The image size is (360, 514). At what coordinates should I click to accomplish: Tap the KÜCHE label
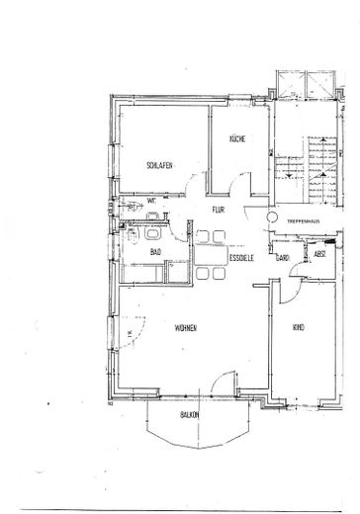(x=236, y=140)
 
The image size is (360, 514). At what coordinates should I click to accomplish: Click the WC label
(x=152, y=201)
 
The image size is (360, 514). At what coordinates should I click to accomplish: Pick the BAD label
(x=156, y=252)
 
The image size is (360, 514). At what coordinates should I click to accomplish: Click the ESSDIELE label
(x=243, y=259)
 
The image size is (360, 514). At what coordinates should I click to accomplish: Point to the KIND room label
(x=298, y=327)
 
